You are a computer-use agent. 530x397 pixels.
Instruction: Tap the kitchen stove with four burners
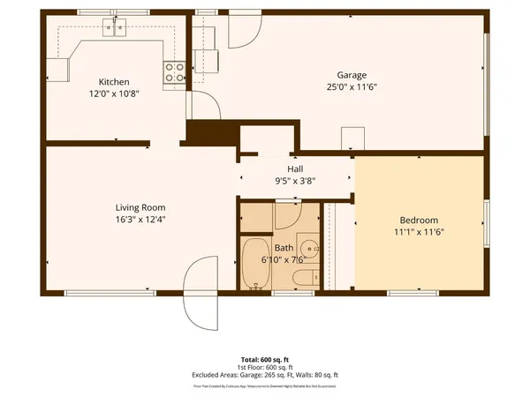tap(174, 72)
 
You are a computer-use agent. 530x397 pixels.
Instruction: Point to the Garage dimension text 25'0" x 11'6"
tap(351, 87)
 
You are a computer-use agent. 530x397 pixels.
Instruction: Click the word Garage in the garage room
tap(351, 76)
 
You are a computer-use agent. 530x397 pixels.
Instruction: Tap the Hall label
tap(295, 169)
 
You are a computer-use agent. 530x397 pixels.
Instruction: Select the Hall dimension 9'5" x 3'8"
tap(295, 181)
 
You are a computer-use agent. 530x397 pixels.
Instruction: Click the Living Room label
tap(117, 207)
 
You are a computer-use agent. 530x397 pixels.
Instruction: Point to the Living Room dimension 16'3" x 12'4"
tap(117, 220)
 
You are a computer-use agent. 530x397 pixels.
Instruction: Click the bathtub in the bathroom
tap(255, 263)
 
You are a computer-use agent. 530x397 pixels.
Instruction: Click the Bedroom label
tap(419, 220)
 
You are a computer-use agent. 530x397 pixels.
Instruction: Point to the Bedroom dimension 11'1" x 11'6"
tap(419, 232)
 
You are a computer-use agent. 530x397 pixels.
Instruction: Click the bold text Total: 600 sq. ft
tap(265, 360)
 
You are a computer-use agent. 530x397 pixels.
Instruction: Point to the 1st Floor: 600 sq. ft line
tap(265, 367)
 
